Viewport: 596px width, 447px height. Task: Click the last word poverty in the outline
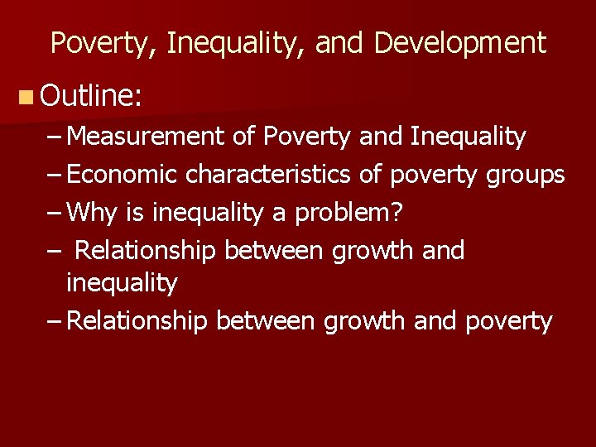point(508,321)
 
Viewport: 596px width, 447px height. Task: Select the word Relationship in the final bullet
point(137,321)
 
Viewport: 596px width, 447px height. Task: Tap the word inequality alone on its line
point(122,283)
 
